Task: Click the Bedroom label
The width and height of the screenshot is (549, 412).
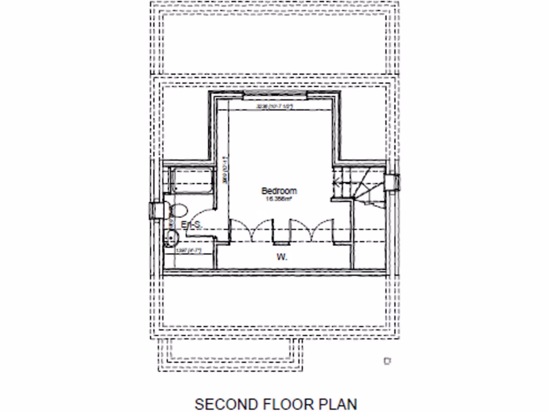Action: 278,191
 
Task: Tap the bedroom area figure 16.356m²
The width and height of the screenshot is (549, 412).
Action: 278,199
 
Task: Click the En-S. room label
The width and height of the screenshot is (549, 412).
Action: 191,225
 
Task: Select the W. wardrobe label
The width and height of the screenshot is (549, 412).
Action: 281,257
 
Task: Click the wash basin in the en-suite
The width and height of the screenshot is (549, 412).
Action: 171,237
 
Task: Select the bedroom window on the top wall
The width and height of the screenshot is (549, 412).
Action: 276,95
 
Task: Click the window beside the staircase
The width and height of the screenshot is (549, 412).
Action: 392,181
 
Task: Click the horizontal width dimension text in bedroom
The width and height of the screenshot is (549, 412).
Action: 276,107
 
